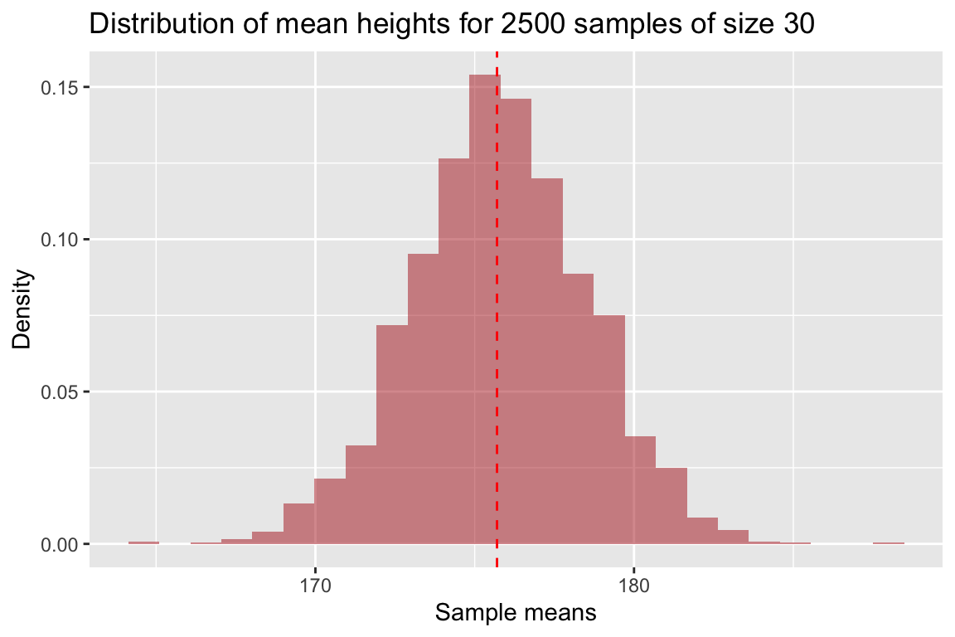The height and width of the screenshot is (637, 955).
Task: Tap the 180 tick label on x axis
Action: (633, 584)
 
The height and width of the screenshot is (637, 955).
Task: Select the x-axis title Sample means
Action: (515, 614)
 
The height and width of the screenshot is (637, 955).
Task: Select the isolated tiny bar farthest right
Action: (888, 543)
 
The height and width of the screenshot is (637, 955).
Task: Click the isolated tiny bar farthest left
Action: (143, 542)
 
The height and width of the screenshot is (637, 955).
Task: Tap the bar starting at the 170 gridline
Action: (330, 511)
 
